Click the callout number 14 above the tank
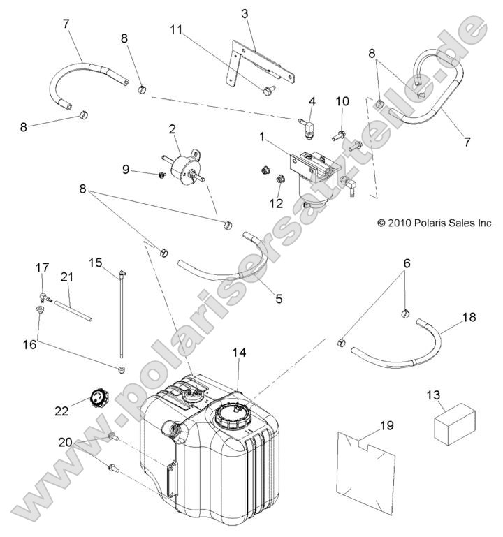pyautogui.click(x=239, y=353)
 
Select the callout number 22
pyautogui.click(x=62, y=411)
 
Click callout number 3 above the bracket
pyautogui.click(x=245, y=14)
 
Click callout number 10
pyautogui.click(x=342, y=102)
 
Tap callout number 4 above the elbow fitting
pyautogui.click(x=312, y=101)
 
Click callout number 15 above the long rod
pyautogui.click(x=96, y=263)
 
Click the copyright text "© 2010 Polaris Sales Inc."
pyautogui.click(x=435, y=223)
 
